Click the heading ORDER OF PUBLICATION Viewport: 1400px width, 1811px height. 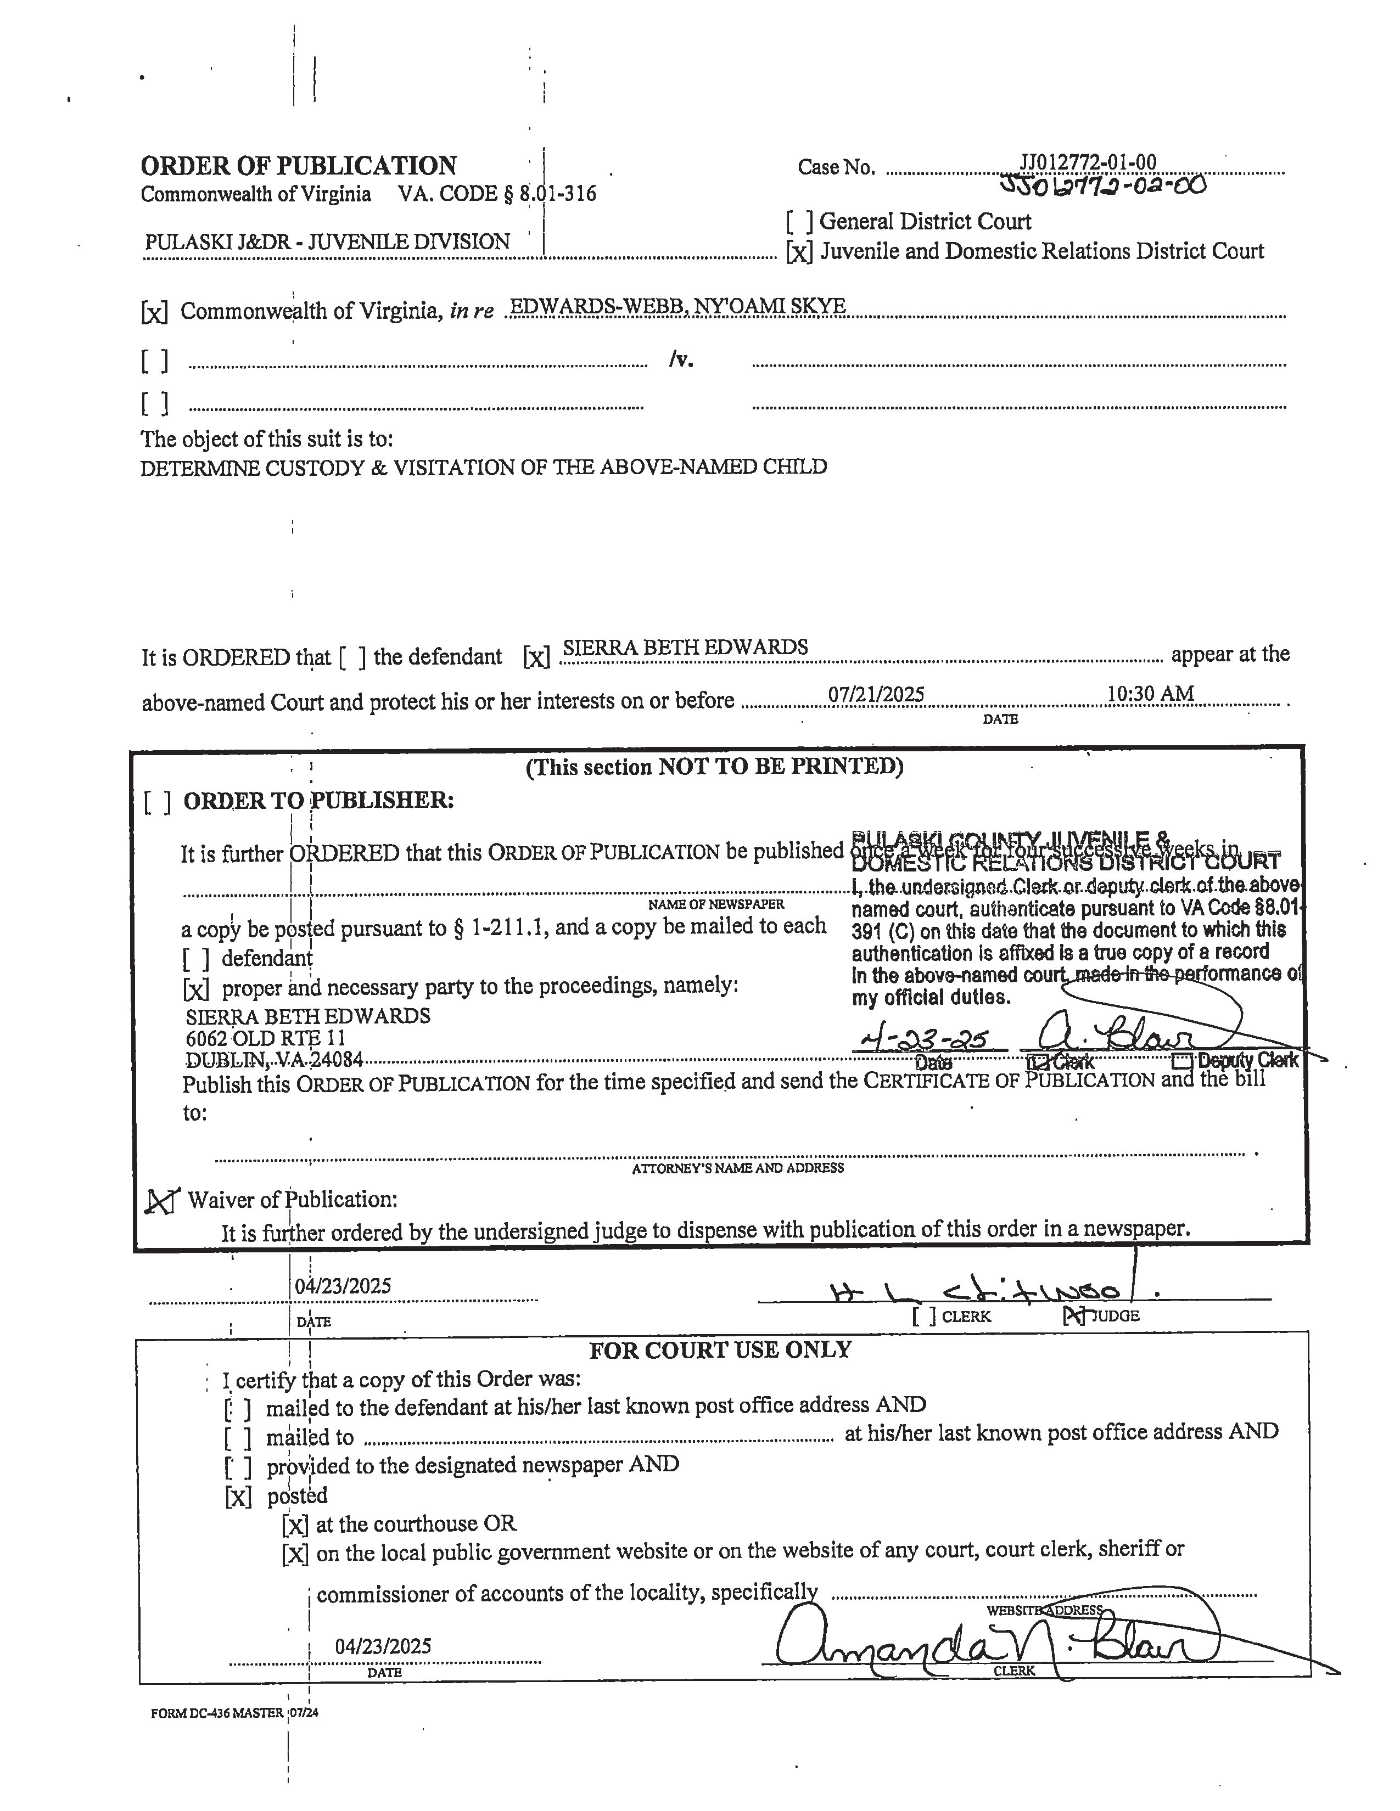click(x=299, y=166)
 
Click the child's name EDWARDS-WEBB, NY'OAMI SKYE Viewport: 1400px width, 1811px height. click(x=677, y=306)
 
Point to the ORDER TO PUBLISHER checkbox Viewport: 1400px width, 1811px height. click(x=158, y=802)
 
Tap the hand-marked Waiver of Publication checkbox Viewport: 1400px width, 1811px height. click(x=162, y=1201)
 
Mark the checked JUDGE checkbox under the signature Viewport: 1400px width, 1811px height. click(x=1074, y=1315)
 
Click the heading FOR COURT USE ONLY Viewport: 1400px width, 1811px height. click(x=720, y=1350)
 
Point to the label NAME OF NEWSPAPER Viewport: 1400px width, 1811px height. click(x=716, y=904)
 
